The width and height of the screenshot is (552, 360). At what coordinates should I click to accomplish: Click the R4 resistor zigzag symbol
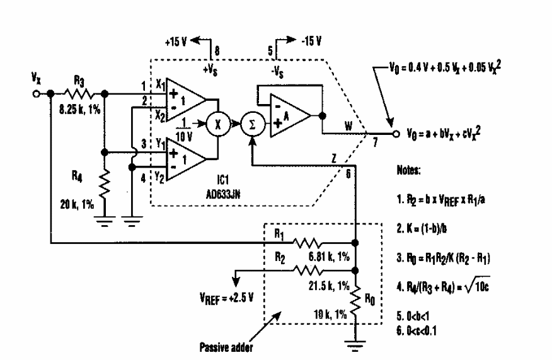click(104, 186)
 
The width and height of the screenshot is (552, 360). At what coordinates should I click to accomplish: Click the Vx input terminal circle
click(38, 95)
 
